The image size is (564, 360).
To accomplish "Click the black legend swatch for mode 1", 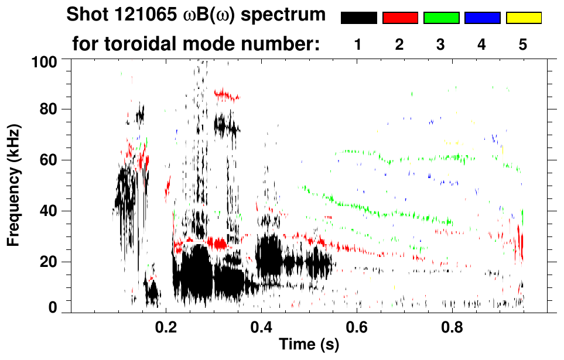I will click(x=358, y=18).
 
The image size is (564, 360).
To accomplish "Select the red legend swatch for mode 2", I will click(x=400, y=18).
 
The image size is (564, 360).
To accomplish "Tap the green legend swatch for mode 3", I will click(x=441, y=18).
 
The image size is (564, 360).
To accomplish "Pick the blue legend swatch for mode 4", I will click(x=482, y=18).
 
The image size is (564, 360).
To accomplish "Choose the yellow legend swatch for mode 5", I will click(x=524, y=18).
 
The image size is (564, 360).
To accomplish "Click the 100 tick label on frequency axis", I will click(x=43, y=61).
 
